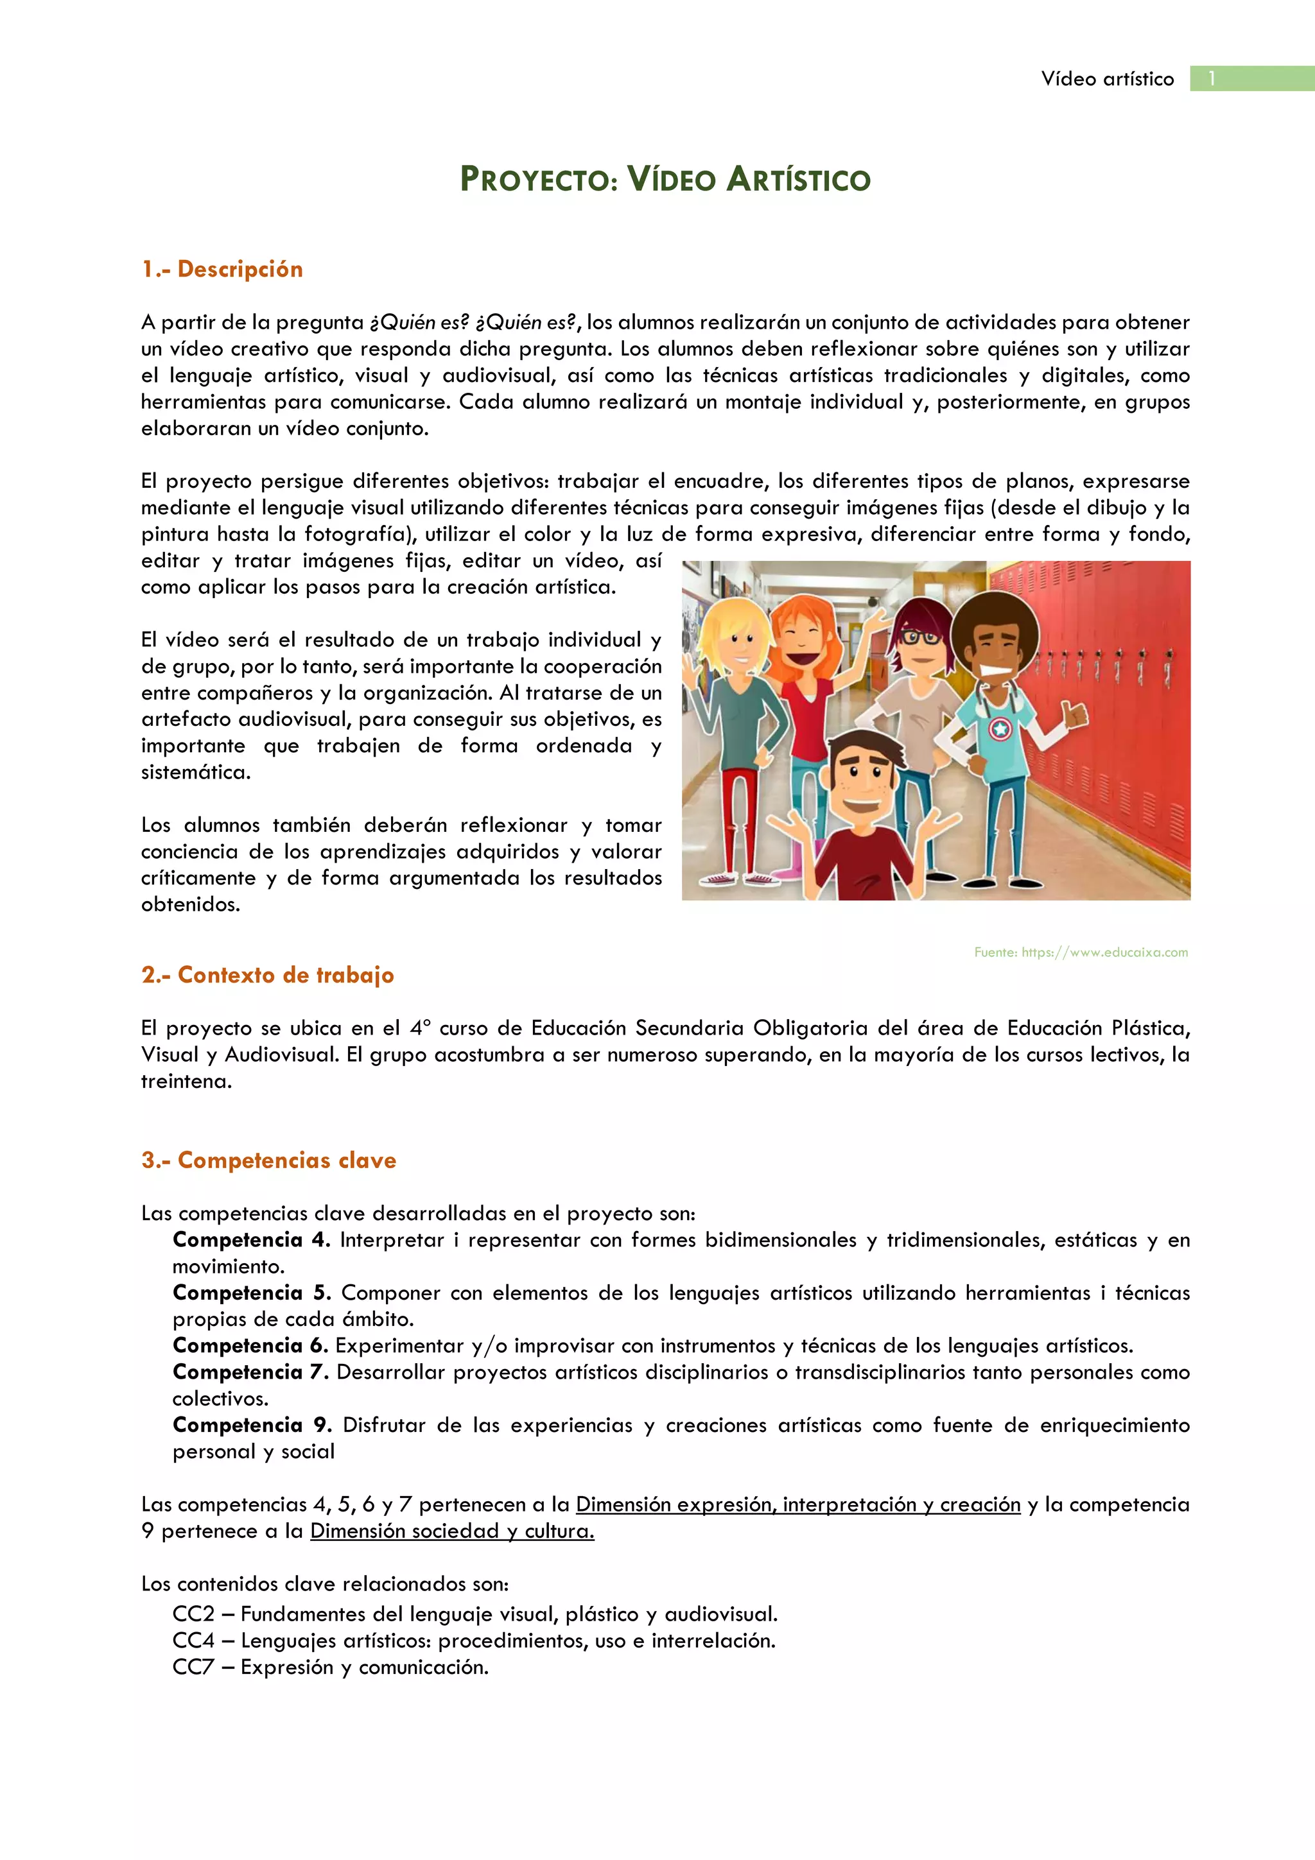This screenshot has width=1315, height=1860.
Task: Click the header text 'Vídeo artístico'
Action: click(x=1107, y=78)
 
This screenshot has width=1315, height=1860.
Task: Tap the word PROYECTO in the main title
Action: click(x=539, y=179)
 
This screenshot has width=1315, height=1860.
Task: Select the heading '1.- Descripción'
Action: click(x=222, y=269)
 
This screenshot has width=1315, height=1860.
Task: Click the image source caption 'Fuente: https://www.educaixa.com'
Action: click(x=1081, y=952)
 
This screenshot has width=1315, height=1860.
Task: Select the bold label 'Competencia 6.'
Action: click(x=250, y=1346)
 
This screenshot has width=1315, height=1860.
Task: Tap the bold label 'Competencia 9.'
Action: click(x=252, y=1425)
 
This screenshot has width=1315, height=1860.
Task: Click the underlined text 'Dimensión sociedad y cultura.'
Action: click(x=452, y=1531)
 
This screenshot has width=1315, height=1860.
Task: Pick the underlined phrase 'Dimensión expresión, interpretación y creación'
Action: click(x=798, y=1504)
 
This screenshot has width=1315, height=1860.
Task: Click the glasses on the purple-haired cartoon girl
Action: click(x=919, y=637)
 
